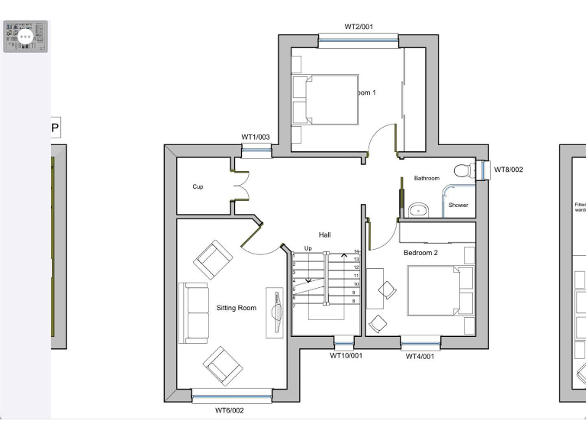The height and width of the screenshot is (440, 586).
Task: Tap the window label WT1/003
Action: tap(256, 137)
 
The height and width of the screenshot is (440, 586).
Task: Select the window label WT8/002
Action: tap(509, 170)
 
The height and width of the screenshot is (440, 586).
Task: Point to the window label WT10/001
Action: tap(346, 356)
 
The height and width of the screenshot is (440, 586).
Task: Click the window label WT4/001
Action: tap(420, 356)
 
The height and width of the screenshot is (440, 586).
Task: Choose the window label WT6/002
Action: tap(229, 410)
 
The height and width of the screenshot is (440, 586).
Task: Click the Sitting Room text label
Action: tap(236, 308)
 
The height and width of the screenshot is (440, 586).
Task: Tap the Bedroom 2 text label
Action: tap(420, 252)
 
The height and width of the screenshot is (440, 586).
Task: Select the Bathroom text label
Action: tap(427, 178)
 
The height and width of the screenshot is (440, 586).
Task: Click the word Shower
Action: tap(458, 205)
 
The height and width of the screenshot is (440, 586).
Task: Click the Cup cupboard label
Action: tap(198, 186)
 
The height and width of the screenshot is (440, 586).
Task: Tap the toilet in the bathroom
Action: tap(462, 170)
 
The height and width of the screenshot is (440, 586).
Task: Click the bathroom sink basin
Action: tap(417, 209)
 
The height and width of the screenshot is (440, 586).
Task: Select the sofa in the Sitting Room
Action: tap(194, 312)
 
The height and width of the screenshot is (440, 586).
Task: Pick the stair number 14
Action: tap(356, 251)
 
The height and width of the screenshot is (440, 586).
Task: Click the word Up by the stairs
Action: tap(307, 248)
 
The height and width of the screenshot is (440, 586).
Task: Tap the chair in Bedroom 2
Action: tap(387, 290)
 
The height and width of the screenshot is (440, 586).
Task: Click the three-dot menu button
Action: tap(25, 36)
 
